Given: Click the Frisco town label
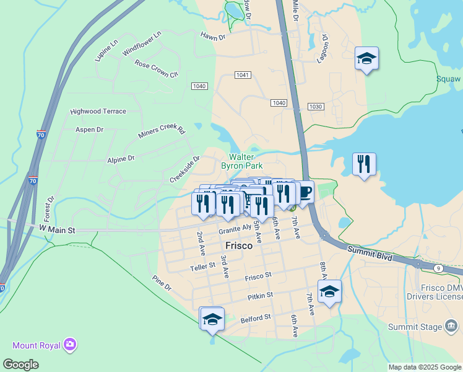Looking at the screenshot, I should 239,246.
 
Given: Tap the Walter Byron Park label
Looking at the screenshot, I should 242,161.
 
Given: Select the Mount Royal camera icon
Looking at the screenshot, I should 70,343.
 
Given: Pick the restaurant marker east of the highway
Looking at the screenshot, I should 364,164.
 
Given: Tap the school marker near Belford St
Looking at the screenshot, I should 212,319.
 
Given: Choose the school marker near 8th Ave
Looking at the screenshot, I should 329,291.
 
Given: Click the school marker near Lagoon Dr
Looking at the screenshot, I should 366,59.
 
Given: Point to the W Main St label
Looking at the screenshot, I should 58,230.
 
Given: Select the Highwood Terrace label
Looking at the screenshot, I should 98,112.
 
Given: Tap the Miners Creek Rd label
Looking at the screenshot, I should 162,131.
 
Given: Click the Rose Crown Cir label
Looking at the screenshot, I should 156,68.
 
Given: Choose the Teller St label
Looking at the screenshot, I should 202,266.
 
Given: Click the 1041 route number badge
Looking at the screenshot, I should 243,74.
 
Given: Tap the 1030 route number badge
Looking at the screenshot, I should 316,107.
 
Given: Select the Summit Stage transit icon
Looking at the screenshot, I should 452,326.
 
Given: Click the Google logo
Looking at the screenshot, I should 20,365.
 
